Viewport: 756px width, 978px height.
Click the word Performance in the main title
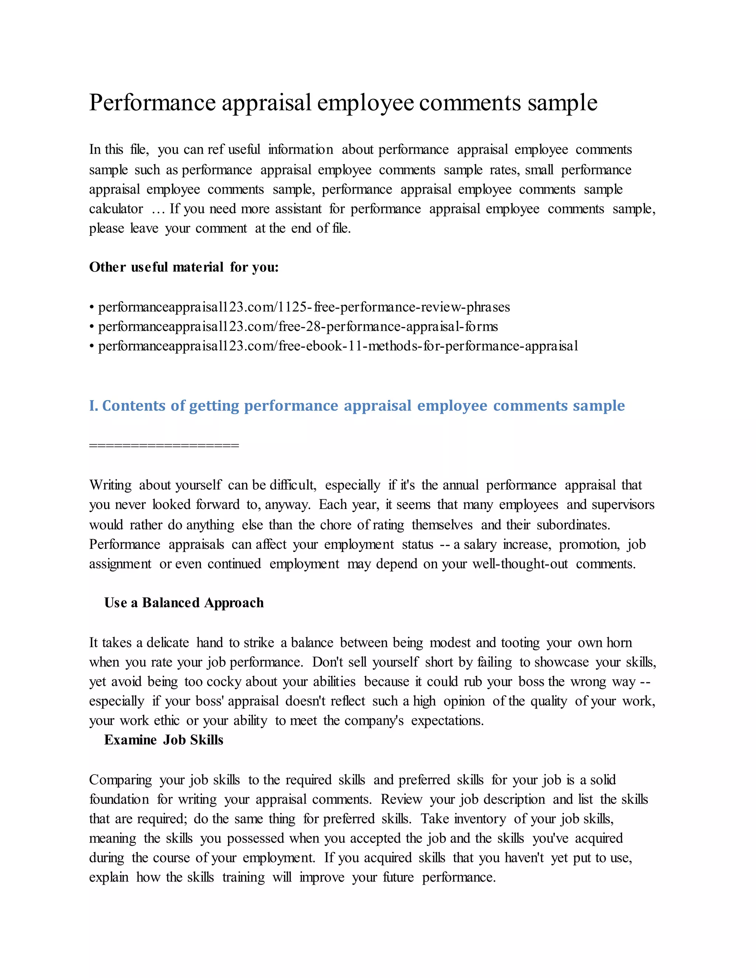tap(152, 103)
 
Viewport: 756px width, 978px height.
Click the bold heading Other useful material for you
tap(183, 267)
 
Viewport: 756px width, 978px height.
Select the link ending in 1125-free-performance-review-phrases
tap(304, 307)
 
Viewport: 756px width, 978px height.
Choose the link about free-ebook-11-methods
tap(338, 346)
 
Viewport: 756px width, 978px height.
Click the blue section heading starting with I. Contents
tap(357, 406)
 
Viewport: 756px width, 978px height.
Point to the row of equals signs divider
tap(164, 445)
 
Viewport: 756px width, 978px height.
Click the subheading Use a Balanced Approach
tap(183, 603)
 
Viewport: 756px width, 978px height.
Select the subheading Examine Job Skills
tap(164, 740)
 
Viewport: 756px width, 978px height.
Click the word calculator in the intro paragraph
tap(116, 209)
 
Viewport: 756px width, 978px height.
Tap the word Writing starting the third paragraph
tap(110, 485)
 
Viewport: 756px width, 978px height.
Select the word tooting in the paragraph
tap(520, 643)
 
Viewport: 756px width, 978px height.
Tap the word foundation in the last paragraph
tap(119, 799)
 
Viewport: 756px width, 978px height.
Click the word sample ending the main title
tap(562, 103)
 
